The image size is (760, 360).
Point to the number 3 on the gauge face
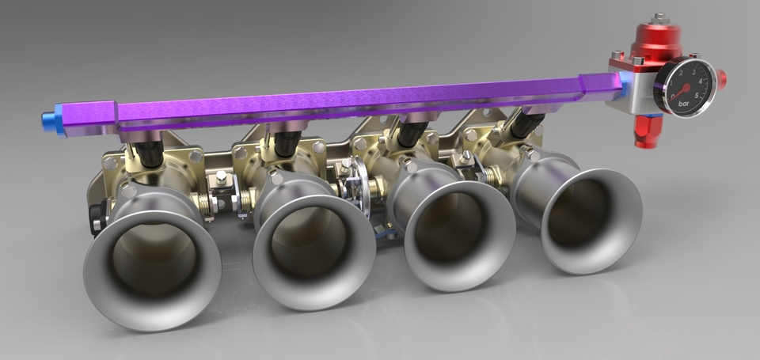(x=693, y=70)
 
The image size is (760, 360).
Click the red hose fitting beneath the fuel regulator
(x=645, y=130)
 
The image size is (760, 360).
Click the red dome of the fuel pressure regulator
(x=655, y=40)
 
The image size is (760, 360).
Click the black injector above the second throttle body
(x=287, y=143)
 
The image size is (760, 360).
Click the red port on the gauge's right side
(x=721, y=79)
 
